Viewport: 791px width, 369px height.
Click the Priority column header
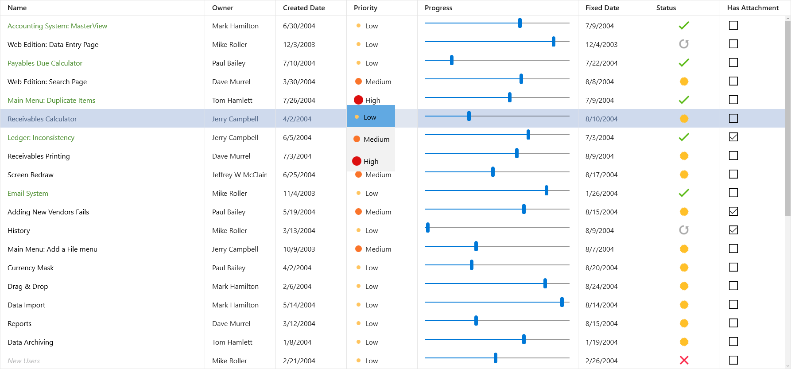pos(365,8)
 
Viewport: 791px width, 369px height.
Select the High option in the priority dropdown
pos(371,161)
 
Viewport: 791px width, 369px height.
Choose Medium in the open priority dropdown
pos(376,139)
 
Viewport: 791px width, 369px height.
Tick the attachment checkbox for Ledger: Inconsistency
pos(733,137)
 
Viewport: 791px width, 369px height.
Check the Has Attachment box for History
pos(733,230)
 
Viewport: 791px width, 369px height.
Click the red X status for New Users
pos(684,360)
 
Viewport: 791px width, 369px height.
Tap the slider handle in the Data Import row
pos(562,302)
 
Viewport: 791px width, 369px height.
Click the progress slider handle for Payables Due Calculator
pos(451,60)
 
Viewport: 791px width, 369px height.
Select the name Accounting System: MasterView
pos(57,26)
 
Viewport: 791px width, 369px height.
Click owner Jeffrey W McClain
pos(239,175)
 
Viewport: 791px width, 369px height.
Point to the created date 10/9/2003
pos(299,249)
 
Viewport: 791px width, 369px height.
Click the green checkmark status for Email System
pos(684,193)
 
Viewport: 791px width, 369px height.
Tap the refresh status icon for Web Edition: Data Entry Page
pos(684,44)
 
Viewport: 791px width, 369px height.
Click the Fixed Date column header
pos(602,8)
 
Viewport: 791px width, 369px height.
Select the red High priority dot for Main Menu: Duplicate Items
pos(358,100)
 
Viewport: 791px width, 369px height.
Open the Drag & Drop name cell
pos(28,287)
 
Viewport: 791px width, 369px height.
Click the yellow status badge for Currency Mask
pos(684,268)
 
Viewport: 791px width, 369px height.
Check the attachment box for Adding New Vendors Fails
pos(733,211)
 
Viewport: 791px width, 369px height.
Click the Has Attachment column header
pos(753,8)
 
